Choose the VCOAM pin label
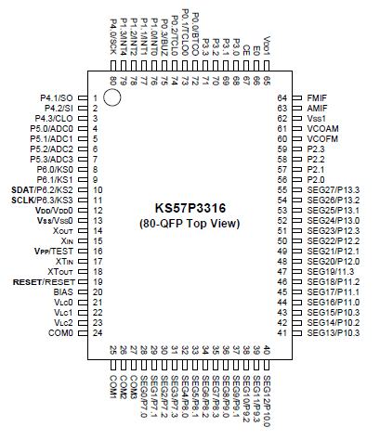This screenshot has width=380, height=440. [x=321, y=130]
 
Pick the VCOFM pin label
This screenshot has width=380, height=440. [x=321, y=141]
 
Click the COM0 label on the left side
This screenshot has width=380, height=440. [x=59, y=333]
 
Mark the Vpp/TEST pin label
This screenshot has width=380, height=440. [x=53, y=251]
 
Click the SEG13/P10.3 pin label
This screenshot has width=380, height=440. [x=333, y=333]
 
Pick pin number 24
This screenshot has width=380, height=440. [x=96, y=333]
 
